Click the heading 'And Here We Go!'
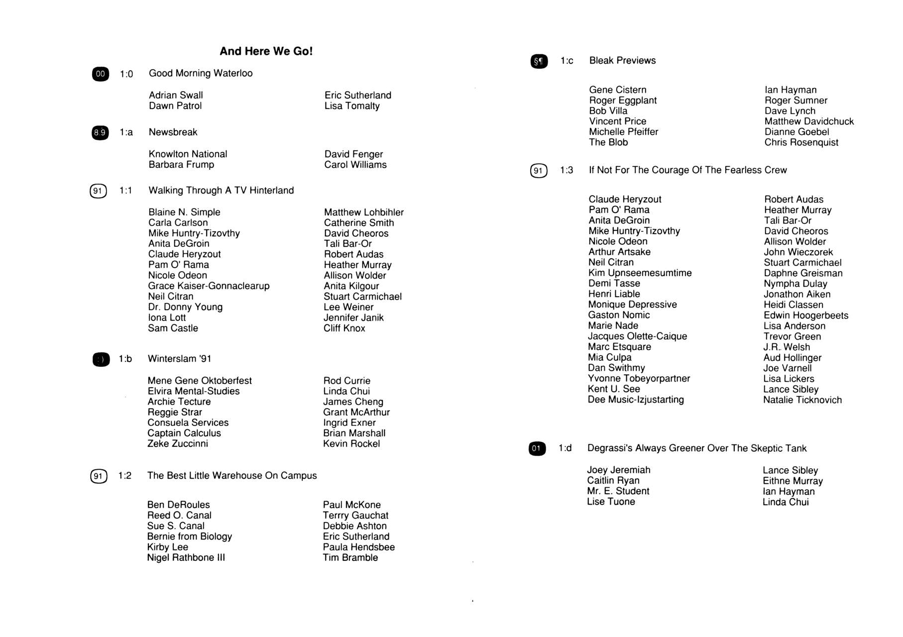coord(266,51)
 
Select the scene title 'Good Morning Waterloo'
coord(201,73)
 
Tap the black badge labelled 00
coord(101,74)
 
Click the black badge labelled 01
coord(537,448)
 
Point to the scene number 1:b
coord(125,359)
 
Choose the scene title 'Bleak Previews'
coord(622,61)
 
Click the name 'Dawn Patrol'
coord(175,106)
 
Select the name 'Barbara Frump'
coord(181,165)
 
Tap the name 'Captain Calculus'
coord(184,433)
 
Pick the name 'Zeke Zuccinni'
coord(178,444)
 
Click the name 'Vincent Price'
coord(618,121)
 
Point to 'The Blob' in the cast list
coord(608,142)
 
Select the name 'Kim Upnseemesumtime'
coord(640,273)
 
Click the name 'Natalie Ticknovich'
coord(802,400)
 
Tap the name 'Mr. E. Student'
coord(618,491)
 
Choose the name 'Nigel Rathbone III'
coord(186,558)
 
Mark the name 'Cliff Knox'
coord(344,328)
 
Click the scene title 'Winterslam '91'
coord(179,359)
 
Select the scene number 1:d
coord(565,448)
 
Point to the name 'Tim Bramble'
coord(350,558)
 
